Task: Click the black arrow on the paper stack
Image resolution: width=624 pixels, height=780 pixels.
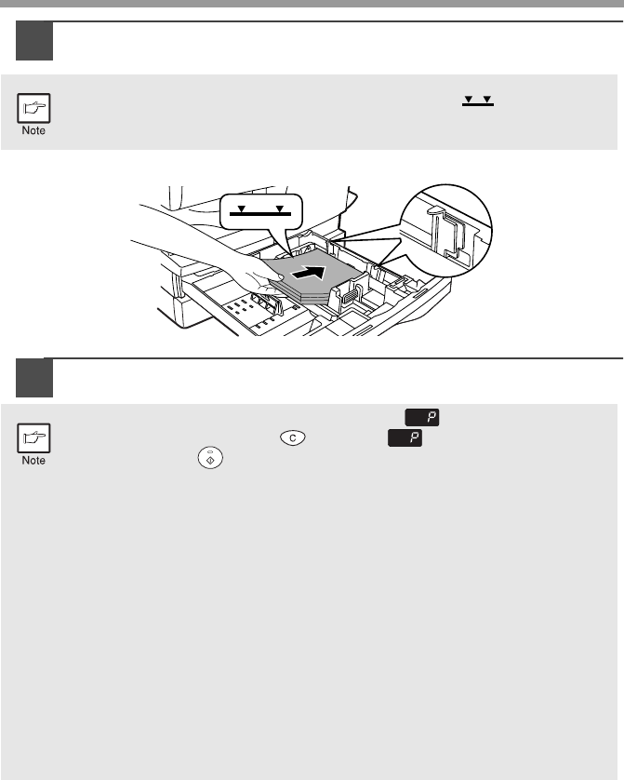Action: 309,272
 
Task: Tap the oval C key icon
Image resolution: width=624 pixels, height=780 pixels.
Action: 293,437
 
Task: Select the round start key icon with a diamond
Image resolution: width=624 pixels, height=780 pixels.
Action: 210,458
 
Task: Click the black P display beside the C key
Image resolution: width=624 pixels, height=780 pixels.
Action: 405,438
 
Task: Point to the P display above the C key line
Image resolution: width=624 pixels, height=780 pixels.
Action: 422,418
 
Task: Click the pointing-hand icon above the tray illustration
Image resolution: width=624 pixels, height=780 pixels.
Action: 33,108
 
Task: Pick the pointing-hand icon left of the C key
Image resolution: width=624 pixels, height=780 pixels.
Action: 33,438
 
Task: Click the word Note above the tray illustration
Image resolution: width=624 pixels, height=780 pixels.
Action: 33,130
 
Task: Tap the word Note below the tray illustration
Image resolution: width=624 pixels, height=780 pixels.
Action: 33,461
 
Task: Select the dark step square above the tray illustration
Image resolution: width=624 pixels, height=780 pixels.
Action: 34,41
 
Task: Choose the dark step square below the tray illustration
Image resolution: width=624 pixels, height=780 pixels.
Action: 34,378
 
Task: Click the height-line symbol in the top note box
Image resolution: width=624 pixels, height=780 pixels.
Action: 478,101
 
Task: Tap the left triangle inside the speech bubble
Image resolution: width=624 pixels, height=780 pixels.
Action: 242,208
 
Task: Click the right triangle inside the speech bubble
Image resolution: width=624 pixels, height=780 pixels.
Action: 280,208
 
